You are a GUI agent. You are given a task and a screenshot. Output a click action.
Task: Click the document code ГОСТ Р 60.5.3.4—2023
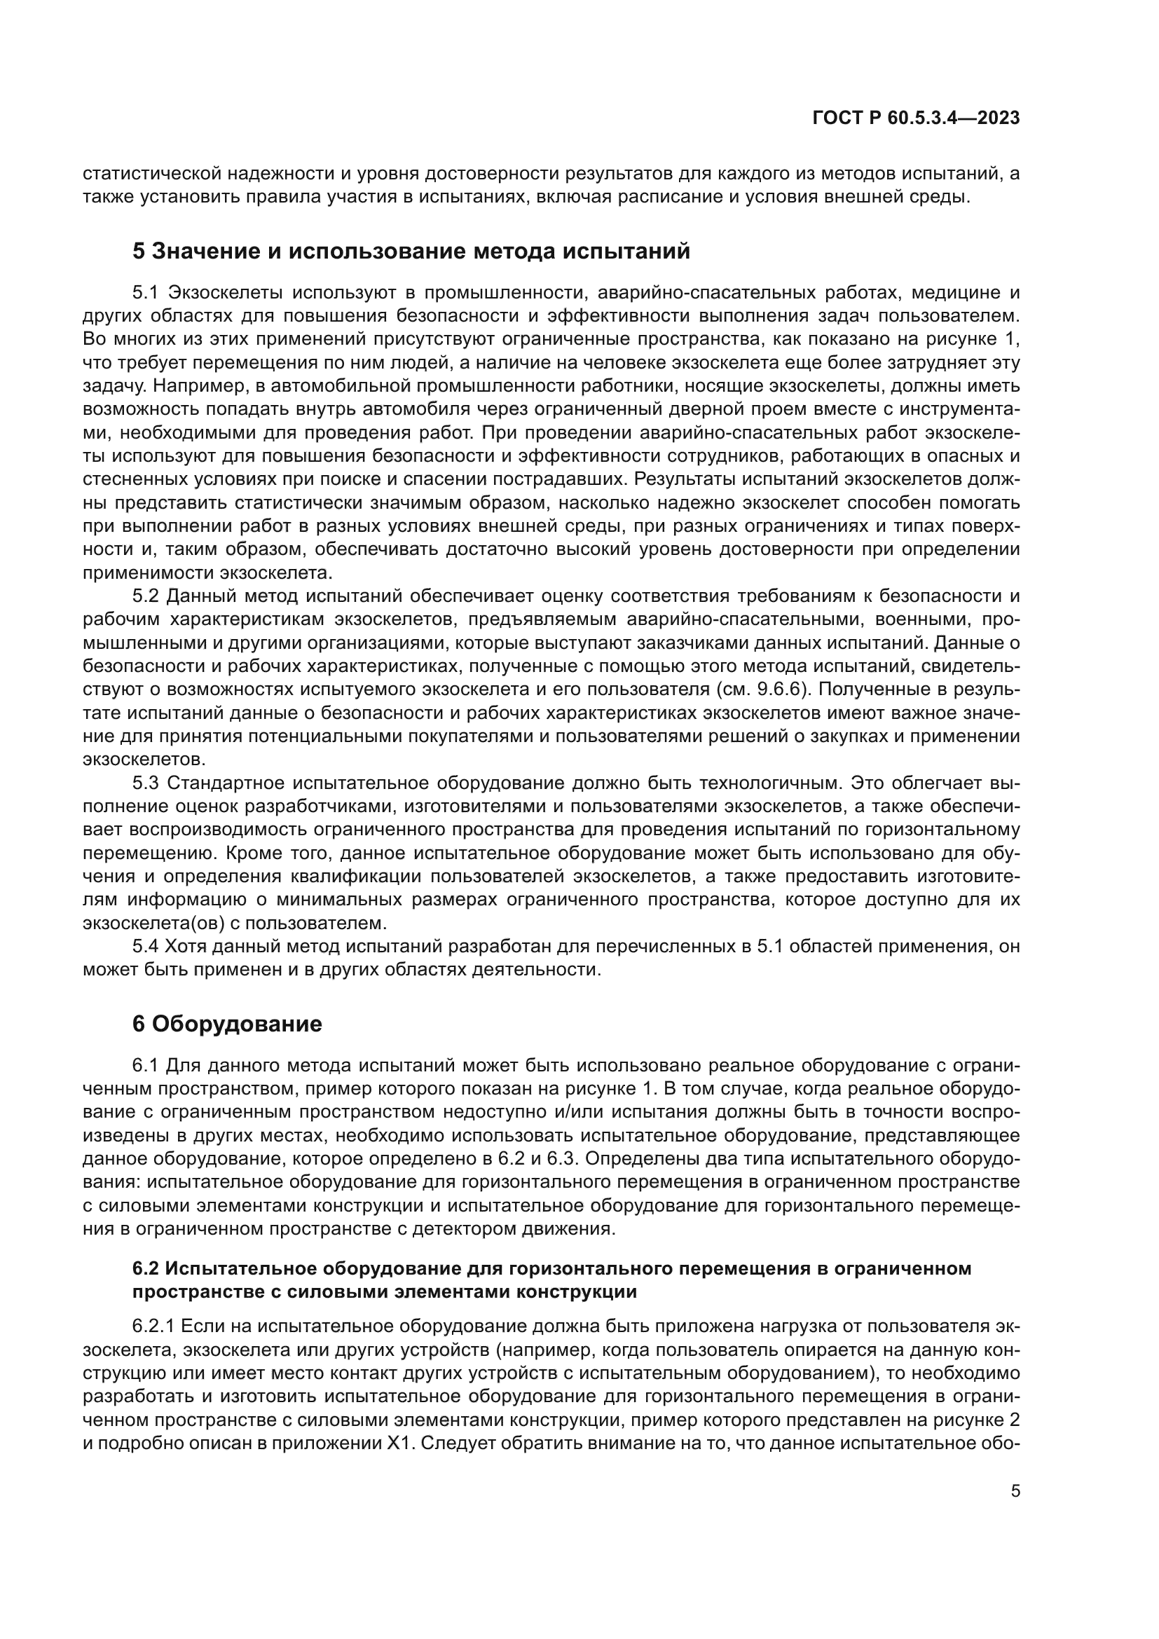pos(916,118)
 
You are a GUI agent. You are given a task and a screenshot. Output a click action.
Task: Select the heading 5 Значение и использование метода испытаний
pos(412,252)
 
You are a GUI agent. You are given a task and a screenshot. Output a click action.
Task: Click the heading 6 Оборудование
pos(227,1024)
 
